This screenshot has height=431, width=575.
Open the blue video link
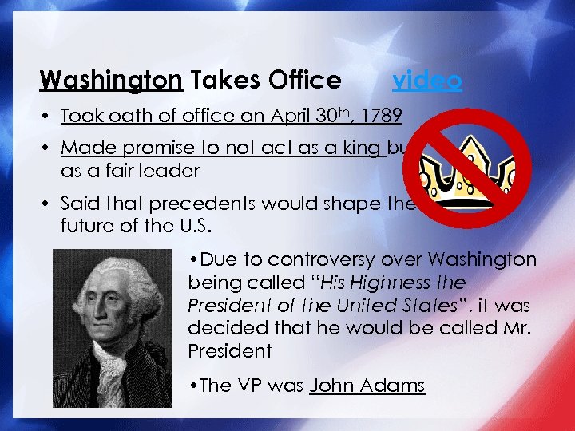(426, 80)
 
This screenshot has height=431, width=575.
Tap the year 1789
(380, 116)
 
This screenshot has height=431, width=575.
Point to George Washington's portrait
(113, 328)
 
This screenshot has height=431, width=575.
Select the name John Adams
(367, 386)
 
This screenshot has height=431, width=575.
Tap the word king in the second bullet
(366, 148)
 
